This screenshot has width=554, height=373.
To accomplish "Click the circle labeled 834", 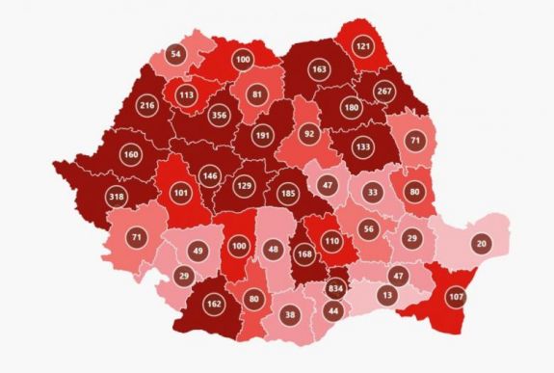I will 335,289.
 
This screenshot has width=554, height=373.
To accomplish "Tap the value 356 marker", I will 220,113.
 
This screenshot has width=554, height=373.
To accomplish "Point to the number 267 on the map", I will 385,92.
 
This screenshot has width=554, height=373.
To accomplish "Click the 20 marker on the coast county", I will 481,245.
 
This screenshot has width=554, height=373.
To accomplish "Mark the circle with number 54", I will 175,55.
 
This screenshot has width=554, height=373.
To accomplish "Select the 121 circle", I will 363,46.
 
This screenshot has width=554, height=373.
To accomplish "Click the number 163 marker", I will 319,70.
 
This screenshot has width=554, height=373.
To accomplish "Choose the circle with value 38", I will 290,314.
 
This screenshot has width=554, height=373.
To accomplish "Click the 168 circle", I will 305,254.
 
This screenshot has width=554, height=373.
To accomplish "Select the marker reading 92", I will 309,133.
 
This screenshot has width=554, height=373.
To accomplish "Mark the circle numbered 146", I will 211,176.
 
